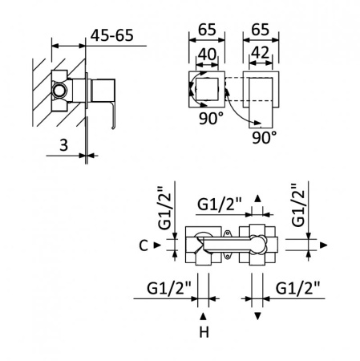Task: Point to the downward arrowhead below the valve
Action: point(257,314)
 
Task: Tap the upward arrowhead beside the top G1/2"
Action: point(257,197)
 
